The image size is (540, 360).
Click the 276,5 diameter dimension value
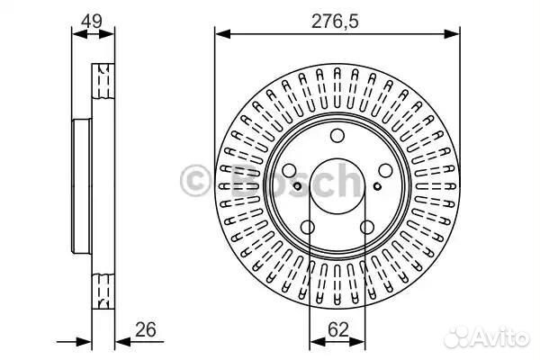pos(335,22)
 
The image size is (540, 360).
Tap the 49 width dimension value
pos(92,22)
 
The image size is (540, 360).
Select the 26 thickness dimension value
pos(145,329)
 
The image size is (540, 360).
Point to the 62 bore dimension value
pos(337,329)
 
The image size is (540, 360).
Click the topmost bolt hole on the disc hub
pos(337,136)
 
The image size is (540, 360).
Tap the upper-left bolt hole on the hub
pos(289,170)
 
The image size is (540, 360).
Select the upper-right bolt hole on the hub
pos(385,170)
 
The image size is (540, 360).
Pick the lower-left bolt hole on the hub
pos(308,227)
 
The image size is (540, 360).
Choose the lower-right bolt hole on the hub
pos(367,227)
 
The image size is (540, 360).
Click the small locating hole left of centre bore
pos(298,186)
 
